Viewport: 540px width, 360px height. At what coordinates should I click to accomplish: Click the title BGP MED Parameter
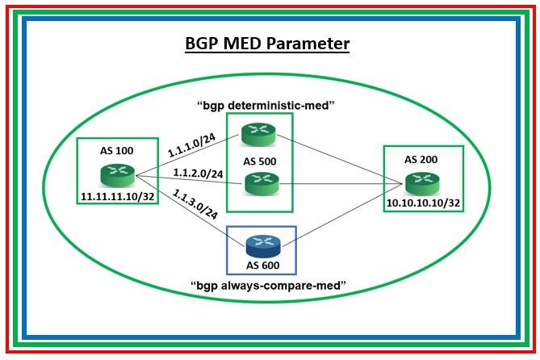click(269, 44)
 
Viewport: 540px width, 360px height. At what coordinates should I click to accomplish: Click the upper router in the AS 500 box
click(259, 133)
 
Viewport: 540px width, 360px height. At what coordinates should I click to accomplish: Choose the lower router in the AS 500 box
click(259, 184)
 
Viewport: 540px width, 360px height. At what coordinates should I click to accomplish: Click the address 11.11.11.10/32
click(107, 196)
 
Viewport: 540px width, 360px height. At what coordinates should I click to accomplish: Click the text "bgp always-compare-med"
click(267, 285)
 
